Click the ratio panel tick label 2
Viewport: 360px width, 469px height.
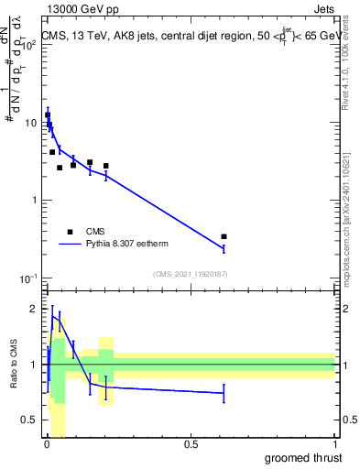tap(35, 309)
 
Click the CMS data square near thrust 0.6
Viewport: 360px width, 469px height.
tap(224, 236)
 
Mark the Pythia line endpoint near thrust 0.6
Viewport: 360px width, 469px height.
tap(224, 248)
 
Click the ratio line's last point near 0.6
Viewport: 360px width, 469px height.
tap(224, 393)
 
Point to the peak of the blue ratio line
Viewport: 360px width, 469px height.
tap(52, 316)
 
